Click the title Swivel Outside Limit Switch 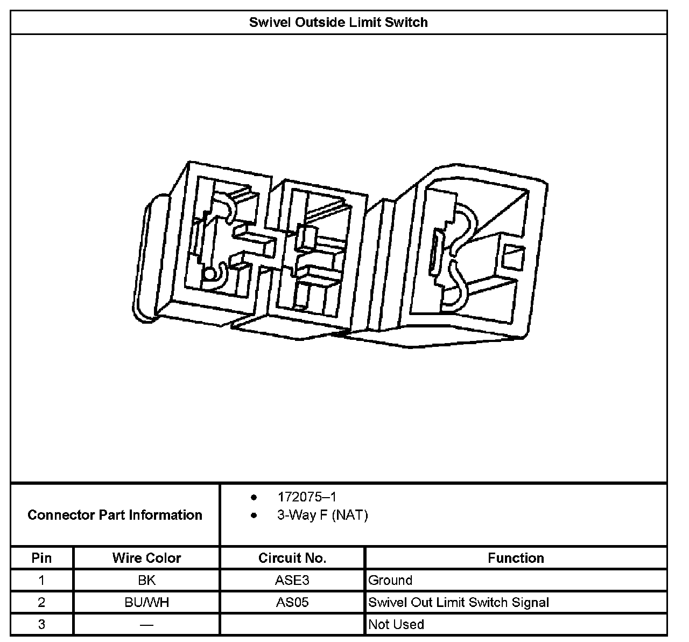(x=338, y=23)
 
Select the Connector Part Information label (x=115, y=515)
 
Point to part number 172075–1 (x=307, y=497)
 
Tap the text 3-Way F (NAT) (x=322, y=515)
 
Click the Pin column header (x=41, y=558)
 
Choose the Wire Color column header (x=146, y=558)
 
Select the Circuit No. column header (x=292, y=558)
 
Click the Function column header (x=516, y=558)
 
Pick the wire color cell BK (x=146, y=581)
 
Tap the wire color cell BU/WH (x=146, y=602)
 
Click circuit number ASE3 (x=292, y=581)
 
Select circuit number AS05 (x=292, y=602)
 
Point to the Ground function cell (x=390, y=581)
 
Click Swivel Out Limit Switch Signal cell (x=459, y=602)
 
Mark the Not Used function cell (x=396, y=625)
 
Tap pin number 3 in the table (x=41, y=625)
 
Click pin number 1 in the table (x=41, y=581)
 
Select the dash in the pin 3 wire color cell (x=146, y=625)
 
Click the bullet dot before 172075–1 (x=254, y=497)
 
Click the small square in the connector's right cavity (x=512, y=256)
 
